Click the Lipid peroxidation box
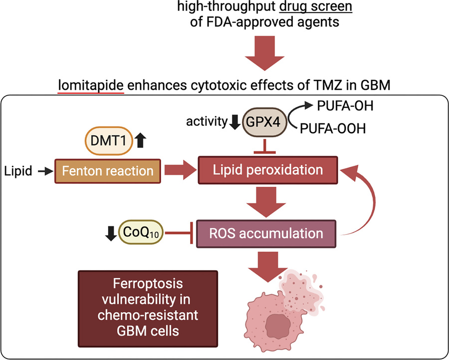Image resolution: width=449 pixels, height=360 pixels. pyautogui.click(x=268, y=170)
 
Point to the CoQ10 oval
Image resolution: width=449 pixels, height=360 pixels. pyautogui.click(x=141, y=233)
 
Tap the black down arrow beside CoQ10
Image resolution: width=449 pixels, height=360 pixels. pyautogui.click(x=110, y=233)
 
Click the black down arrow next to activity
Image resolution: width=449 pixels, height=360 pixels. pyautogui.click(x=234, y=121)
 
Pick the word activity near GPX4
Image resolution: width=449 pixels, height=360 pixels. pyautogui.click(x=206, y=121)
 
